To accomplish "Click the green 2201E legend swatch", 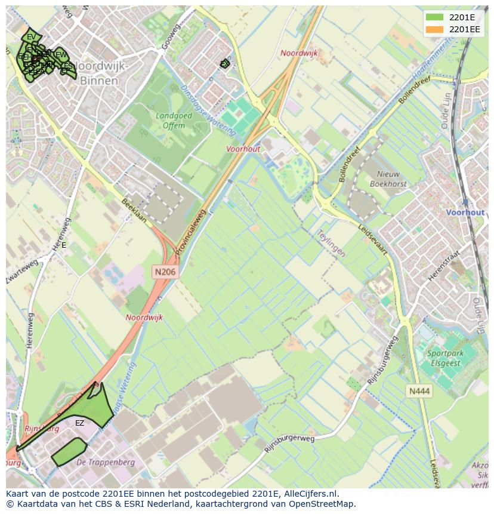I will click(435, 17).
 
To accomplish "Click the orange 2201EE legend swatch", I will click(435, 29).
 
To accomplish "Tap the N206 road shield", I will click(165, 272).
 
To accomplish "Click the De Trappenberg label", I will click(106, 462).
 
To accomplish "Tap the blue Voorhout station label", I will click(465, 213).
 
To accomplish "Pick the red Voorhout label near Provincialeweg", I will click(243, 149).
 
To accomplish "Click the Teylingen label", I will click(331, 244).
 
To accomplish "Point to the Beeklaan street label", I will click(134, 210).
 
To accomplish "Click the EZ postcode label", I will click(79, 423).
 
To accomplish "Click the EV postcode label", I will click(30, 37).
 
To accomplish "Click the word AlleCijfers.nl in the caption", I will click(308, 494).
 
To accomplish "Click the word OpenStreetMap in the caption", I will click(322, 504).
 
